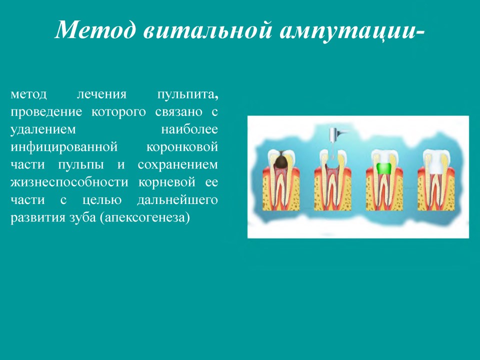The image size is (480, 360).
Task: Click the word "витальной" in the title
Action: pyautogui.click(x=207, y=29)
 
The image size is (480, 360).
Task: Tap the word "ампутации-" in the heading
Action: pyautogui.click(x=352, y=30)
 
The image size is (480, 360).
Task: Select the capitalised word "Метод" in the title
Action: pyautogui.click(x=95, y=29)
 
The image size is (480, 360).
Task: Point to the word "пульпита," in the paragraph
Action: pyautogui.click(x=187, y=94)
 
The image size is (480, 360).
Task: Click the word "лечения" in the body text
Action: pyautogui.click(x=101, y=94)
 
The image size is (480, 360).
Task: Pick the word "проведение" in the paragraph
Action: pyautogui.click(x=46, y=112)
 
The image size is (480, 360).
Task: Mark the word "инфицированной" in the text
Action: pyautogui.click(x=64, y=147)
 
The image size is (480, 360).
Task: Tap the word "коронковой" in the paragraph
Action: pyautogui.click(x=182, y=147)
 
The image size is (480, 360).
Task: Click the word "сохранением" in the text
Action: pyautogui.click(x=178, y=165)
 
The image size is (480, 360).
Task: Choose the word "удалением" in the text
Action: pyautogui.click(x=43, y=130)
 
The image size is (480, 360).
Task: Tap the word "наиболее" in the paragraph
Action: pyautogui.click(x=189, y=129)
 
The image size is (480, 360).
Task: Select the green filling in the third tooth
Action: pyautogui.click(x=384, y=168)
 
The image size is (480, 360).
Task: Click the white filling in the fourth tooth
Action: pyautogui.click(x=436, y=166)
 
